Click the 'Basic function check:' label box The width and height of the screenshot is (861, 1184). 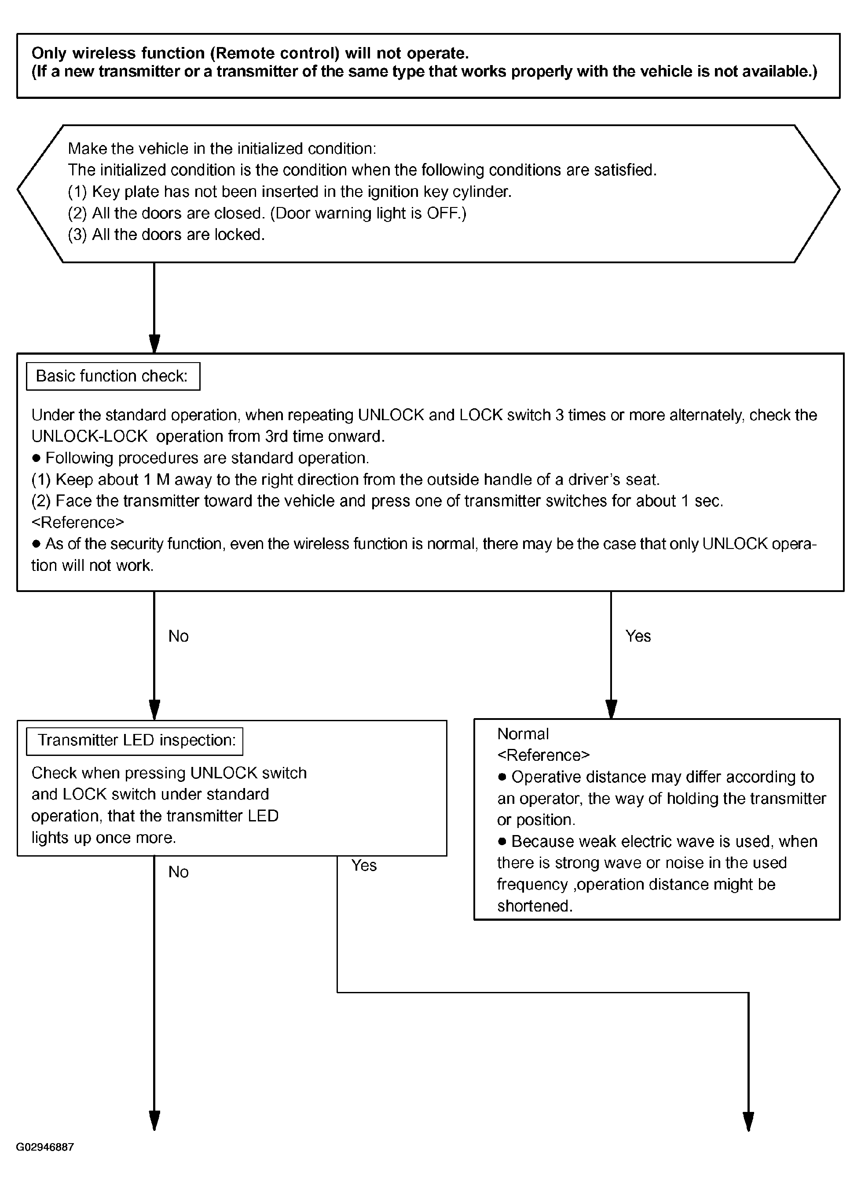click(x=113, y=376)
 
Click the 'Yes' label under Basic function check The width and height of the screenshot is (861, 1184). click(x=638, y=636)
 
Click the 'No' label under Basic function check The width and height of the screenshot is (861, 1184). click(x=178, y=636)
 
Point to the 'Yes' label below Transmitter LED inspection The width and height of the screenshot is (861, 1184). click(x=363, y=865)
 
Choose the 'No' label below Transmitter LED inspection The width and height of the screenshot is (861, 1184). click(x=178, y=872)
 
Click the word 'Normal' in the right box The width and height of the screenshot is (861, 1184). click(x=523, y=734)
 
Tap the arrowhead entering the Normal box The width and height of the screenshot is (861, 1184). click(x=611, y=709)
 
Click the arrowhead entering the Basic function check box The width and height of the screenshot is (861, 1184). click(x=154, y=344)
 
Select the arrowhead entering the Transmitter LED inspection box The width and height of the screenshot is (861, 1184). click(x=154, y=711)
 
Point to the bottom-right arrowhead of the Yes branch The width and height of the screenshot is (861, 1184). click(x=748, y=1121)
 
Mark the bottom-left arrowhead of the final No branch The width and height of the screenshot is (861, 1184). click(x=154, y=1121)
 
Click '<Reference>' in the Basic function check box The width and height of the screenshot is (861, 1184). click(x=78, y=523)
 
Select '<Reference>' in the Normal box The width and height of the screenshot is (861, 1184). click(x=543, y=755)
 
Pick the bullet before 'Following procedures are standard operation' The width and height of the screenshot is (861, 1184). click(x=36, y=458)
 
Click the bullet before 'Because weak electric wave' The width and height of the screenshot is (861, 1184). click(x=502, y=842)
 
